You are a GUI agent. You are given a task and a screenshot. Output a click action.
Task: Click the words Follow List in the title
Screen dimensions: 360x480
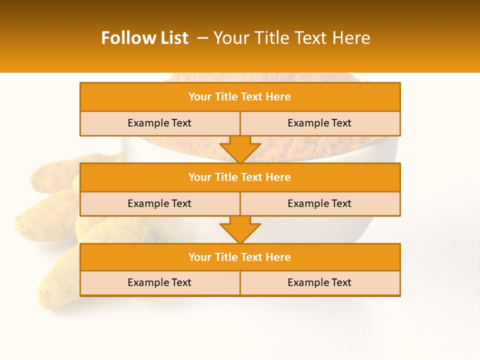[144, 38]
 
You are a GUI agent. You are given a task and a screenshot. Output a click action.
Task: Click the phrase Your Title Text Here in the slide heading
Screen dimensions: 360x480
[291, 38]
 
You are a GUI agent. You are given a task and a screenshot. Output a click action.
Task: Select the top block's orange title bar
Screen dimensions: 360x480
[240, 97]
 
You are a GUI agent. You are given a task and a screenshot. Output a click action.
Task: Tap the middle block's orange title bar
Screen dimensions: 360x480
[240, 177]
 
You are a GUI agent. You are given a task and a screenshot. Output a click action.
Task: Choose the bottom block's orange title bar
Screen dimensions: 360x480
[240, 257]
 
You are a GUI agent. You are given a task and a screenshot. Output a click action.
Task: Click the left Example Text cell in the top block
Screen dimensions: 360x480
[159, 123]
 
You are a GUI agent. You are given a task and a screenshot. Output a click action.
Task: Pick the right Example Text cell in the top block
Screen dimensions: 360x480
[319, 123]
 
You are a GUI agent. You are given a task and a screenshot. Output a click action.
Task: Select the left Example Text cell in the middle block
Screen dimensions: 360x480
[159, 203]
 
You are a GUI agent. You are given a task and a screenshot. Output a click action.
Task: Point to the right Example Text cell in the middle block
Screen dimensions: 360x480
[319, 203]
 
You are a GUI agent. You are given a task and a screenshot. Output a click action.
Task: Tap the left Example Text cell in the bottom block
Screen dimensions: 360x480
[159, 282]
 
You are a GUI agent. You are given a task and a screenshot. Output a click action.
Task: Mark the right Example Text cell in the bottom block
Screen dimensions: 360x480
[319, 282]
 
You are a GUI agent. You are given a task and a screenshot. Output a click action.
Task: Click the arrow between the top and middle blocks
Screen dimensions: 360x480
[240, 149]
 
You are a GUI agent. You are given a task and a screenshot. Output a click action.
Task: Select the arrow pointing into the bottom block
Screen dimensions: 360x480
[240, 230]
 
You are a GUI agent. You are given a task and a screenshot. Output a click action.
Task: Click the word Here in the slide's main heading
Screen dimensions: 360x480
[353, 38]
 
